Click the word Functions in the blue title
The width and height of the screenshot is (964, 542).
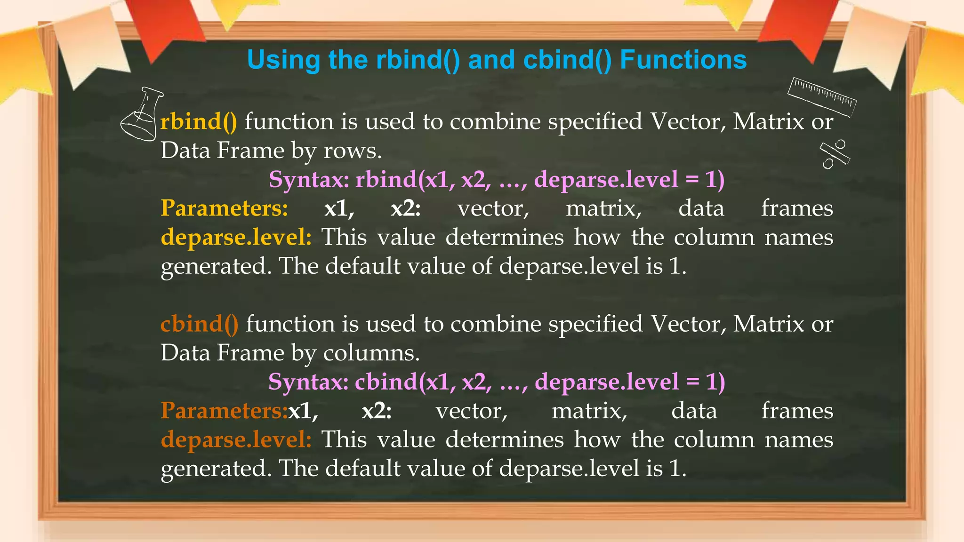(683, 60)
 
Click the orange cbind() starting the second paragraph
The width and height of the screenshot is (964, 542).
(199, 324)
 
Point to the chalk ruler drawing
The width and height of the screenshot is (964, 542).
(822, 96)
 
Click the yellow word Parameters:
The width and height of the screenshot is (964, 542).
(224, 208)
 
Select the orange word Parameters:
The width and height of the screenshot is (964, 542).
(224, 411)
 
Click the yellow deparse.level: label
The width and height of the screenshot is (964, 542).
(236, 237)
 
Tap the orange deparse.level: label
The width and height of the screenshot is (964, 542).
(236, 440)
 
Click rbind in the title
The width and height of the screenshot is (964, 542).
(418, 60)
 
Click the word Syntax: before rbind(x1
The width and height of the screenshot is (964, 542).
(309, 180)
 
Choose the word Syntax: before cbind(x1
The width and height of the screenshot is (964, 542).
(308, 382)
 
